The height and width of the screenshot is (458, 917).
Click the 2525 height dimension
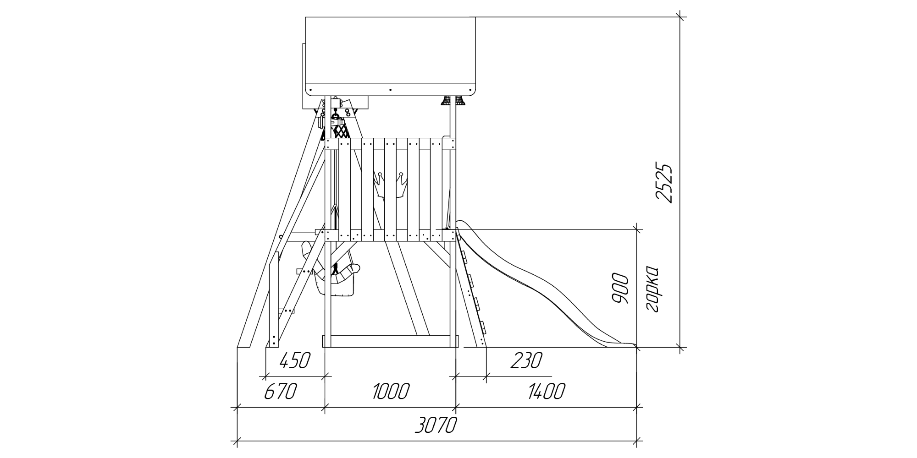click(664, 182)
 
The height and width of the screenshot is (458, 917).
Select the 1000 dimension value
click(391, 392)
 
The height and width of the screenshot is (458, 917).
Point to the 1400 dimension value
click(547, 392)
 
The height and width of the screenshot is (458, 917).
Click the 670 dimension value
click(281, 392)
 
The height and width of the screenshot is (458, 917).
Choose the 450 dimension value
click(295, 360)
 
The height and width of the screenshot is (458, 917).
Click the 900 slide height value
click(620, 289)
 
